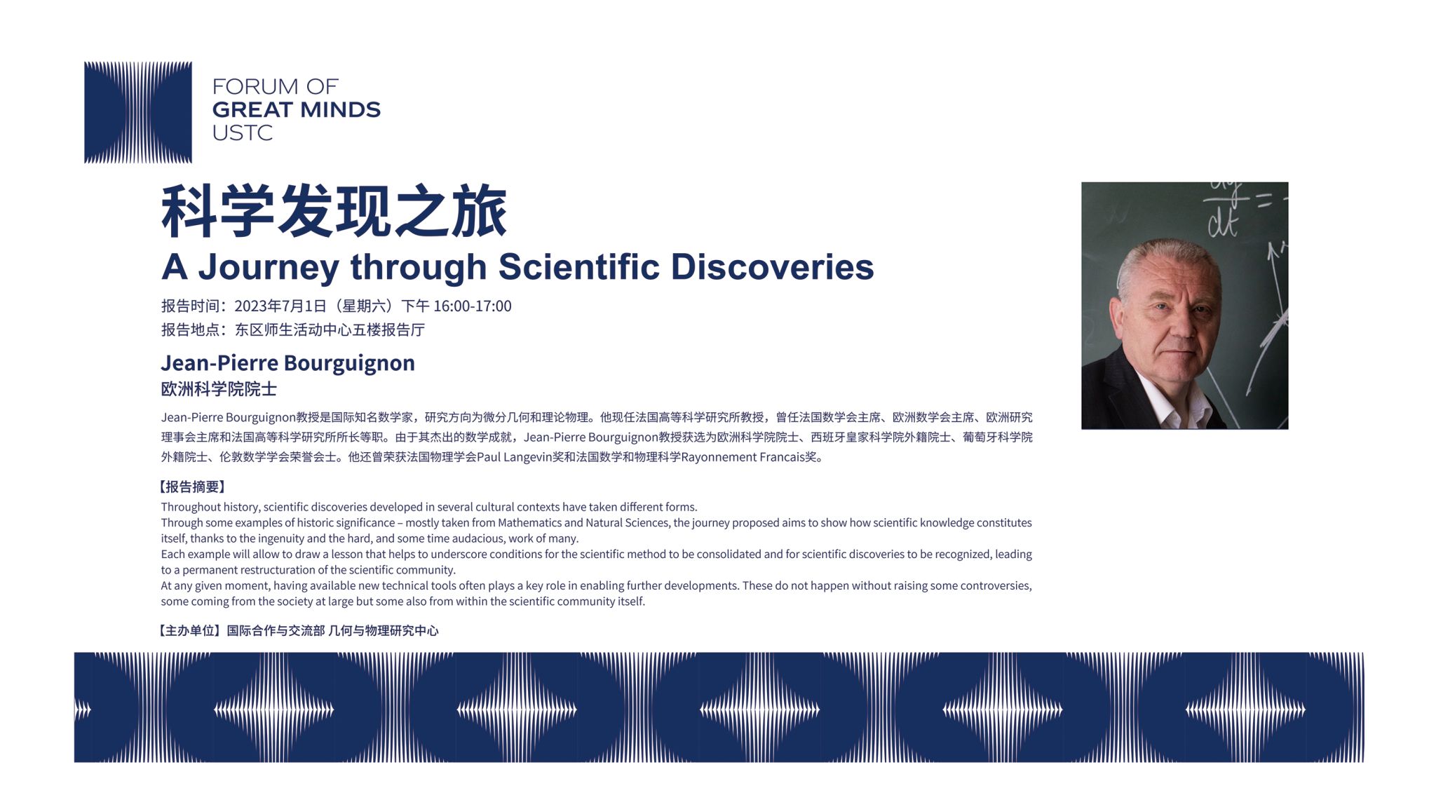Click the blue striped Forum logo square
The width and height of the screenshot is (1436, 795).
click(138, 112)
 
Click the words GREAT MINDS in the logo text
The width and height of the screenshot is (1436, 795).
click(296, 109)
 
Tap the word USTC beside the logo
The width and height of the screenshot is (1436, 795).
click(242, 132)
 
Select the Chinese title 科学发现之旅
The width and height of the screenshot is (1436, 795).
click(334, 211)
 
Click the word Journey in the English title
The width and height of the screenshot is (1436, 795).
click(269, 268)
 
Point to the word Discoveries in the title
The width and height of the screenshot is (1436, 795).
click(772, 267)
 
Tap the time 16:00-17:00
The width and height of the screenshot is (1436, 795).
click(473, 306)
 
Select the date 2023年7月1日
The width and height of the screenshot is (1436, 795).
click(280, 306)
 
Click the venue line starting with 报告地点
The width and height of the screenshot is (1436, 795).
click(293, 330)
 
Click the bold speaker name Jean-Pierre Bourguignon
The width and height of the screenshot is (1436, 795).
click(287, 363)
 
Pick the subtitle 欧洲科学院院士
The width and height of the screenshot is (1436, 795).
click(219, 389)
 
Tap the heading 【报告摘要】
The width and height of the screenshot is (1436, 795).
click(191, 487)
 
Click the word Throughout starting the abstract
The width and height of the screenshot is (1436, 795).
click(189, 507)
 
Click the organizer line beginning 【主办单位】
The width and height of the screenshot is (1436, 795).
click(297, 631)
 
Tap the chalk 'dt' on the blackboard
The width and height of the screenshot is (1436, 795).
click(1223, 223)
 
